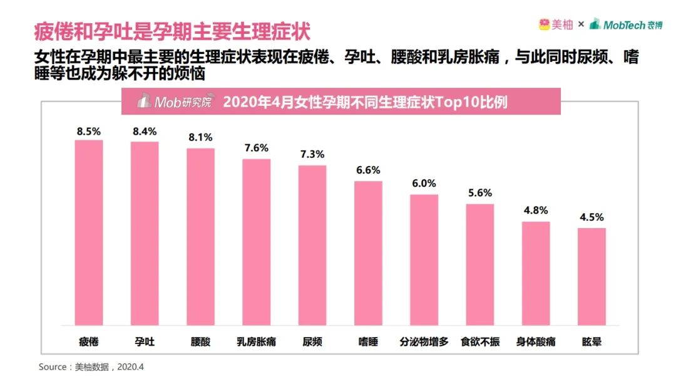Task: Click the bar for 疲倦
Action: [89, 232]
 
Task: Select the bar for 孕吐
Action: [145, 233]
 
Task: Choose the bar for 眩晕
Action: [591, 276]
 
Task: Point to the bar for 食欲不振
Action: [480, 264]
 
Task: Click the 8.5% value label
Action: [89, 132]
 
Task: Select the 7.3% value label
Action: [312, 154]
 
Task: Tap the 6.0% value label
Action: [424, 184]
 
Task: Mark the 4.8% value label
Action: [536, 211]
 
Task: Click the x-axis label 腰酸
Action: [200, 342]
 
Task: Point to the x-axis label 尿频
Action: [312, 342]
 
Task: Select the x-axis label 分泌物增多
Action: [424, 342]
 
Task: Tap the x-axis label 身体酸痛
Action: [536, 342]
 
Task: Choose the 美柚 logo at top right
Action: [556, 24]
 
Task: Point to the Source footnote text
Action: [91, 366]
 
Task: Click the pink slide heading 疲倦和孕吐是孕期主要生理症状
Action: [172, 31]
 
